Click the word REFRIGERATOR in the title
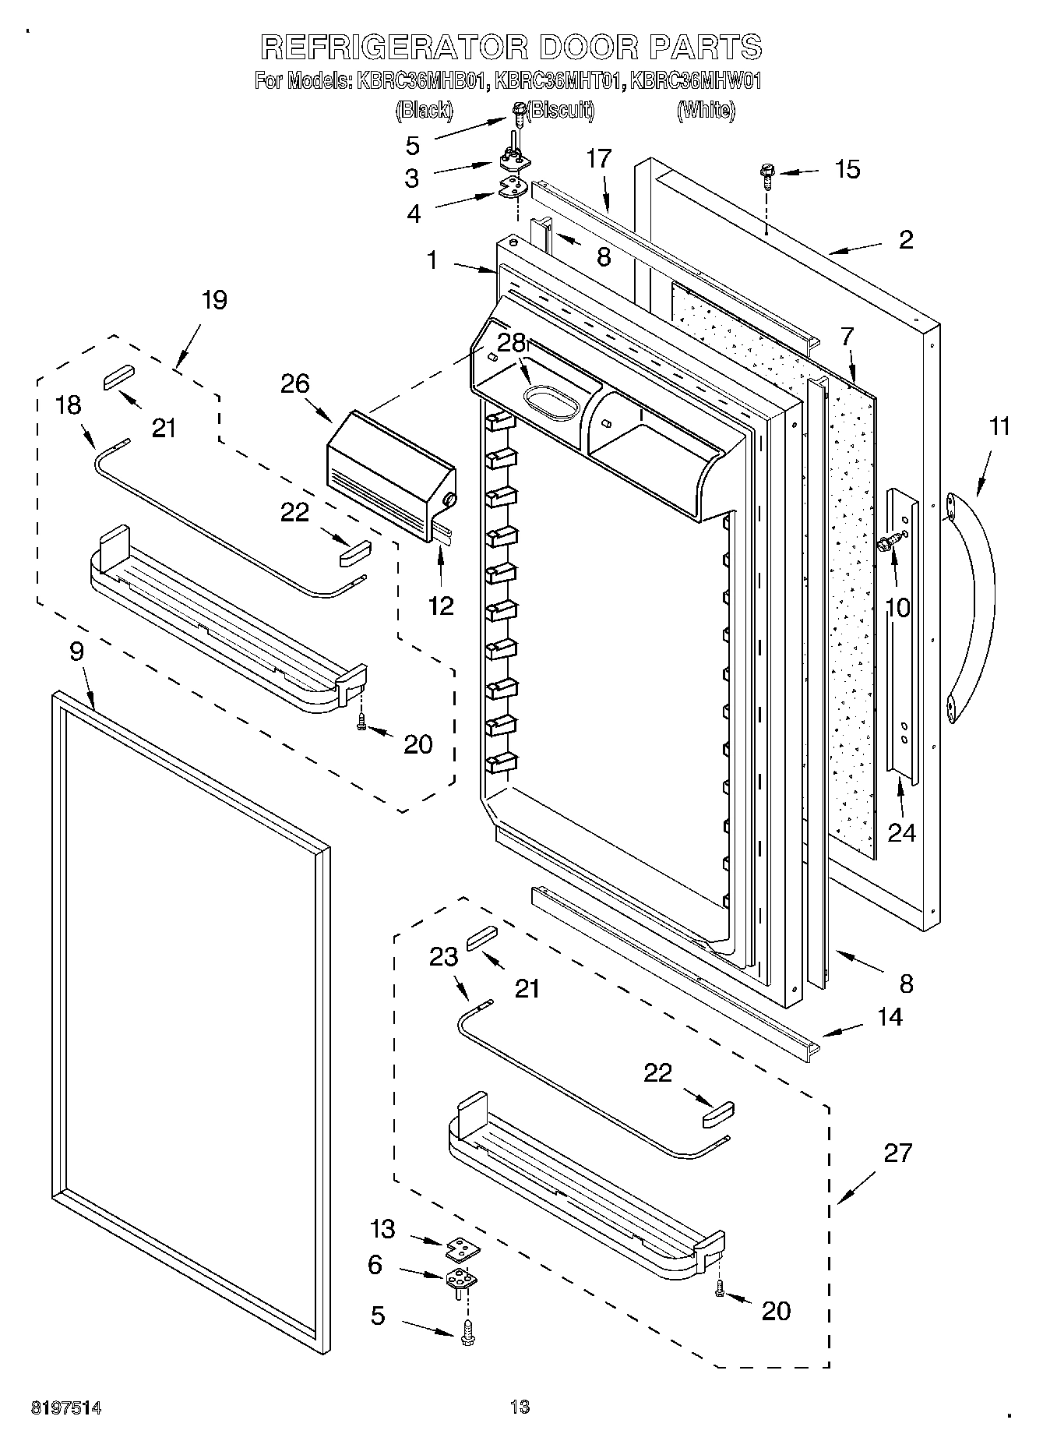click(x=393, y=48)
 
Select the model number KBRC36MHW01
click(x=695, y=81)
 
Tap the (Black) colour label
click(x=424, y=111)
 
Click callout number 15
click(x=847, y=169)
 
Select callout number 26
click(x=295, y=383)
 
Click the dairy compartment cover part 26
click(x=389, y=475)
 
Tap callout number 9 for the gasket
click(x=76, y=652)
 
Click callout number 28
click(x=512, y=344)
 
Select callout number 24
click(x=901, y=832)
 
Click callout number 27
click(x=897, y=1152)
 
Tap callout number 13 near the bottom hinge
click(x=382, y=1230)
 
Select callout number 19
click(x=214, y=300)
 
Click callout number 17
click(x=599, y=158)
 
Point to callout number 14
click(x=890, y=1017)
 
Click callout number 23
click(x=444, y=956)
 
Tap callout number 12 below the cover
click(x=441, y=606)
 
